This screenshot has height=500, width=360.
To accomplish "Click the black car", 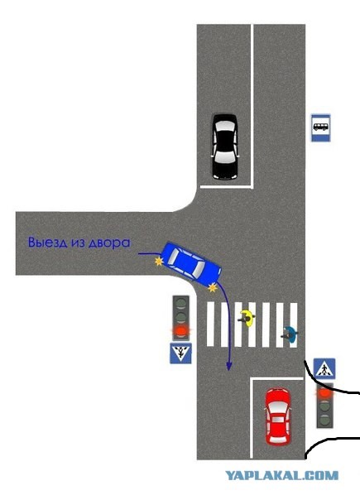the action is pyautogui.click(x=225, y=147).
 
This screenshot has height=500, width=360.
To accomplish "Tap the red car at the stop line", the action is pyautogui.click(x=279, y=416).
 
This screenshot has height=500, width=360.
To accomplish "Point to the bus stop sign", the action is pyautogui.click(x=320, y=127).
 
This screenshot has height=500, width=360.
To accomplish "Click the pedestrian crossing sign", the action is pyautogui.click(x=324, y=369).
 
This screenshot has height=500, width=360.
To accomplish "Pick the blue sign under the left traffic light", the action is pyautogui.click(x=180, y=353).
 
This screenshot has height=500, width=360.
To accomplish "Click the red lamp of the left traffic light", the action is pyautogui.click(x=180, y=330).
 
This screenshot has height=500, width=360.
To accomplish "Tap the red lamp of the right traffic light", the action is pyautogui.click(x=324, y=393).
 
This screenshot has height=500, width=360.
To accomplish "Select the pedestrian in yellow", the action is pyautogui.click(x=247, y=318).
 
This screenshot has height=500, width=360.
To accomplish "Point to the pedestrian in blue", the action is pyautogui.click(x=290, y=334).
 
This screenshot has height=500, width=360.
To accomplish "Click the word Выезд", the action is pyautogui.click(x=48, y=243).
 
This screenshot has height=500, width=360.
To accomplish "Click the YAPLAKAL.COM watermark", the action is pyautogui.click(x=282, y=475).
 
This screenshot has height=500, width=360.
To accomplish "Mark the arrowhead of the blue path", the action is pyautogui.click(x=228, y=367).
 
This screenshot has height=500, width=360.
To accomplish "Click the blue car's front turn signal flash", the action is pyautogui.click(x=213, y=288).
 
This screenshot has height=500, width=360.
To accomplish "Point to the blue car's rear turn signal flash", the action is pyautogui.click(x=159, y=262).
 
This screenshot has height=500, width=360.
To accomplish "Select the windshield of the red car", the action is pyautogui.click(x=279, y=406).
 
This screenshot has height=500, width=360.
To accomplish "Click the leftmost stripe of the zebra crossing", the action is pyautogui.click(x=210, y=325).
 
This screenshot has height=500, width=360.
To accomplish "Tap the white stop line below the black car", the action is pyautogui.click(x=226, y=186).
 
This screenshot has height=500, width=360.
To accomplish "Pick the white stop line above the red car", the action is pyautogui.click(x=276, y=378).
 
